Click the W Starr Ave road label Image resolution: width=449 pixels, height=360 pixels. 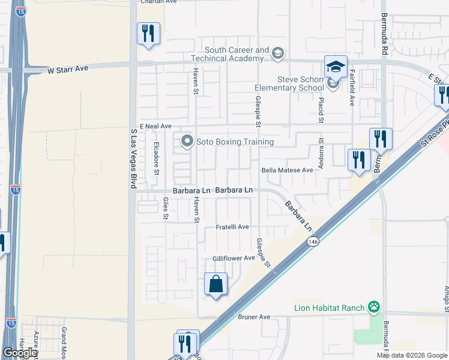pyautogui.click(x=68, y=69)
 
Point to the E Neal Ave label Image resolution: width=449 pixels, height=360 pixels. pyautogui.click(x=155, y=126)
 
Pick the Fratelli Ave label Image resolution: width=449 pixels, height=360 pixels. pyautogui.click(x=232, y=227)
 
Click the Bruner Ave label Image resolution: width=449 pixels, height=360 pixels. pyautogui.click(x=255, y=316)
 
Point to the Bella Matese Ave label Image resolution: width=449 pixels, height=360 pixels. pyautogui.click(x=288, y=170)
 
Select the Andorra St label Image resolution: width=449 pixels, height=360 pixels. pyautogui.click(x=321, y=154)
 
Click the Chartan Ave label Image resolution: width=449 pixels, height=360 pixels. pyautogui.click(x=158, y=2)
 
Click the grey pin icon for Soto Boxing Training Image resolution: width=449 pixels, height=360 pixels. pyautogui.click(x=187, y=142)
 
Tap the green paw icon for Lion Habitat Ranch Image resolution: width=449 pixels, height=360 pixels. pyautogui.click(x=375, y=308)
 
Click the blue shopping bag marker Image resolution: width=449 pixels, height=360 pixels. pyautogui.click(x=215, y=284)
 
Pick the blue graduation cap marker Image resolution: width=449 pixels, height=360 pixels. pyautogui.click(x=336, y=67)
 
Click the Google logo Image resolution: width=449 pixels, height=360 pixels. pyautogui.click(x=19, y=353)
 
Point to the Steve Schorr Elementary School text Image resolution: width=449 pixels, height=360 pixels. pyautogui.click(x=300, y=83)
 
